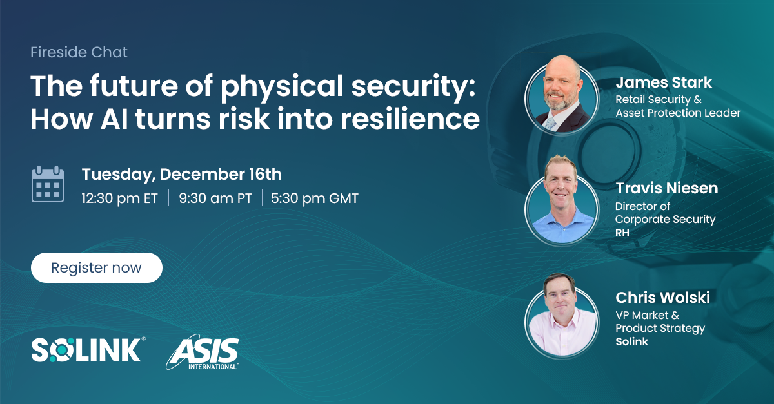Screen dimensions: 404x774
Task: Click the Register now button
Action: tap(96, 267)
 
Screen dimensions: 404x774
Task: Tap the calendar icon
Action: tap(48, 184)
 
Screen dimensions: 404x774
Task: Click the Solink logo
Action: tap(87, 350)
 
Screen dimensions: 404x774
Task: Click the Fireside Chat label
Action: tap(79, 52)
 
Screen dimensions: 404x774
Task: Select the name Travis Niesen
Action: tap(666, 188)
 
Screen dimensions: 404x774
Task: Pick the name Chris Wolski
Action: tap(662, 297)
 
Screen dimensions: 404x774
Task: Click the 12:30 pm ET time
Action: tap(119, 198)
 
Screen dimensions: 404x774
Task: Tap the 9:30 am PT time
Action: tap(215, 198)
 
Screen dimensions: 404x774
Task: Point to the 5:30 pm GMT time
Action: tap(314, 198)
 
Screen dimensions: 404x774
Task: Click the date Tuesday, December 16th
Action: tap(181, 175)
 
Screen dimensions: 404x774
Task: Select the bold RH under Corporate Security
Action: tap(622, 233)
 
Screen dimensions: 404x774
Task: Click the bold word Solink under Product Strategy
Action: tap(632, 341)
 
